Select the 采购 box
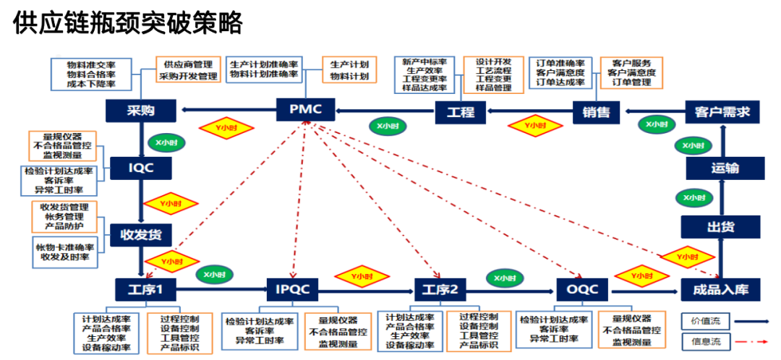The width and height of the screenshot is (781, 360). [x=141, y=111]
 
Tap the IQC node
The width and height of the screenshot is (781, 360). [x=141, y=168]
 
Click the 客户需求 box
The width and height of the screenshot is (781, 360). [x=722, y=111]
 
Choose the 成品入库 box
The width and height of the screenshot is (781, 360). [x=720, y=291]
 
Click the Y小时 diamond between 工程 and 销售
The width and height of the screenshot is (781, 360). [x=536, y=126]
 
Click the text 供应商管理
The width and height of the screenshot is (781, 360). [x=188, y=64]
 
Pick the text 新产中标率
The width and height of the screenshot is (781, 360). [x=424, y=62]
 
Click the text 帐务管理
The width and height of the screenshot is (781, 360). [x=64, y=216]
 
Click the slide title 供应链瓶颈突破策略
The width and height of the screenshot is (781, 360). [x=127, y=24]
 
